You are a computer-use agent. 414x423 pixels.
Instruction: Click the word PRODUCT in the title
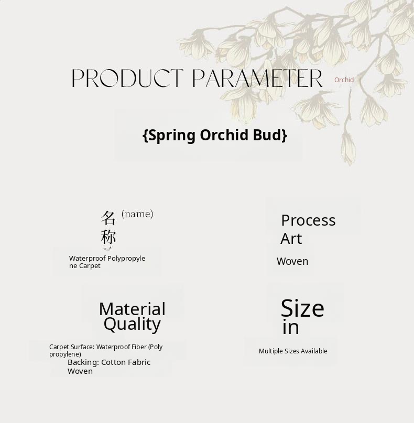pos(127,78)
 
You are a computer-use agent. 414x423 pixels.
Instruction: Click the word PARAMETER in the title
pos(257,78)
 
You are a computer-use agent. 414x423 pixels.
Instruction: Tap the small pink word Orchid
pos(344,80)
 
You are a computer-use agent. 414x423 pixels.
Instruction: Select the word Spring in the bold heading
pos(172,136)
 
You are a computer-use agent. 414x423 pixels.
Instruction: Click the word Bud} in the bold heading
pos(270,135)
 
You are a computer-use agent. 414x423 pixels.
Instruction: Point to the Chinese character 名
pos(108,218)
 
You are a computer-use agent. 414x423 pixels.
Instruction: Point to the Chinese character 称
pos(108,237)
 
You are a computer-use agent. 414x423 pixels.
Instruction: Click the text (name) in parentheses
pos(137,214)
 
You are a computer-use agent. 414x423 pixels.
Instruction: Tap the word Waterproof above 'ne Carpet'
pos(87,259)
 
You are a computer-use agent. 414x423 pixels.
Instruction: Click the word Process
pos(309,220)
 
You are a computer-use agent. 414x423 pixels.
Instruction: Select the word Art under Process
pos(291,239)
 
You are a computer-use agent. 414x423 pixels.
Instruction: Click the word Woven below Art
pos(292,261)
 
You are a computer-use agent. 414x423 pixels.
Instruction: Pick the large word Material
pos(133,309)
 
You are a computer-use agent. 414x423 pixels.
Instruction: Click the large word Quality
pos(133,324)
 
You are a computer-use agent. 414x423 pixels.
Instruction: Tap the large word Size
pos(302,308)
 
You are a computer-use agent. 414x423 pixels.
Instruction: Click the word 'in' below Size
pos(291,327)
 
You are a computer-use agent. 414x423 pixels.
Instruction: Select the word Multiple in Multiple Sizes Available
pos(270,351)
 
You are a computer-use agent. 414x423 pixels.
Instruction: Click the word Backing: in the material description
pos(83,363)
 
